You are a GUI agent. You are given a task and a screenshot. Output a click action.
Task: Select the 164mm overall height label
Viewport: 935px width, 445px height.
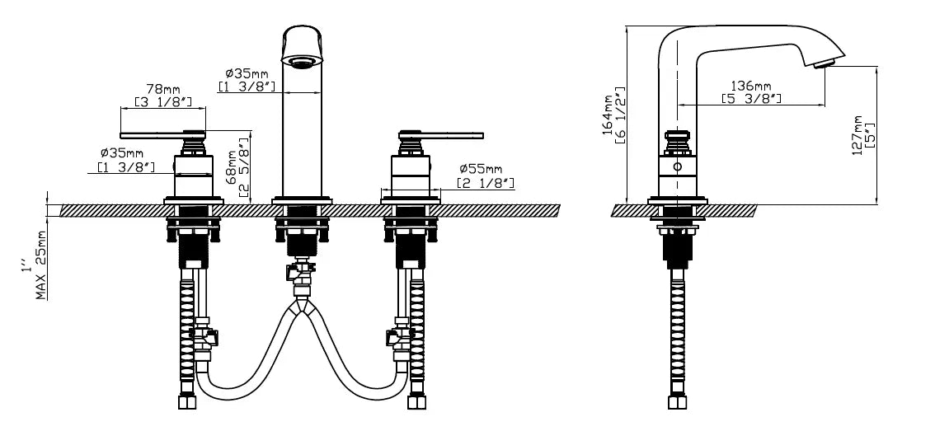pos(608,115)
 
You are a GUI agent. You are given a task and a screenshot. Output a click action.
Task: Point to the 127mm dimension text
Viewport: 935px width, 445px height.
pos(857,135)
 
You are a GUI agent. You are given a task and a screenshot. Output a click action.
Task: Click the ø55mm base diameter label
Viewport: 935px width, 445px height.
pos(482,170)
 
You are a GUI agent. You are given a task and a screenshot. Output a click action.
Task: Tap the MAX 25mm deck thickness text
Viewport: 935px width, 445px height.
pos(41,265)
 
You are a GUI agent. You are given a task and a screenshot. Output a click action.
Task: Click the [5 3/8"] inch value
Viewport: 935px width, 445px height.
pos(751,99)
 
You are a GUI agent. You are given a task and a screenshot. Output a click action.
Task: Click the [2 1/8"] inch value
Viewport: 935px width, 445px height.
pos(486,183)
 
